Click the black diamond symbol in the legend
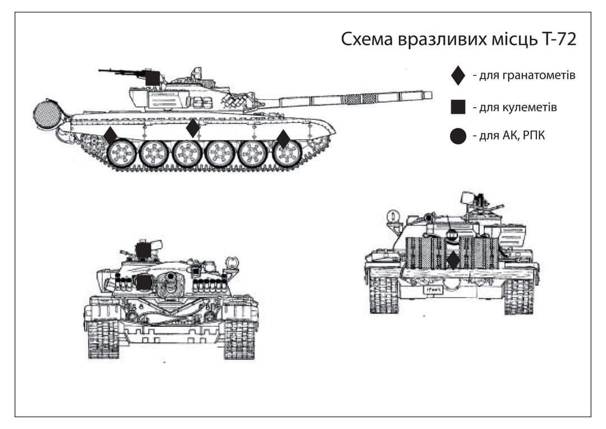pyautogui.click(x=458, y=75)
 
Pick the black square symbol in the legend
pyautogui.click(x=458, y=107)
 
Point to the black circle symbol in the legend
pyautogui.click(x=458, y=136)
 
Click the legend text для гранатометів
pyautogui.click(x=524, y=75)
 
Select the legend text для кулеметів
pyautogui.click(x=515, y=107)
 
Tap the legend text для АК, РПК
pyautogui.click(x=508, y=136)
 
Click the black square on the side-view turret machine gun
pyautogui.click(x=152, y=78)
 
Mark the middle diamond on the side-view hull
pyautogui.click(x=193, y=128)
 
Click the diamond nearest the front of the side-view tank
pyautogui.click(x=283, y=139)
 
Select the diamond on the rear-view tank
pyautogui.click(x=453, y=260)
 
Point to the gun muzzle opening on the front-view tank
pyautogui.click(x=169, y=278)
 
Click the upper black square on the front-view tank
pyautogui.click(x=143, y=250)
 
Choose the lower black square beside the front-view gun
pyautogui.click(x=143, y=283)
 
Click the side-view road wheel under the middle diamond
pyautogui.click(x=187, y=153)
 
